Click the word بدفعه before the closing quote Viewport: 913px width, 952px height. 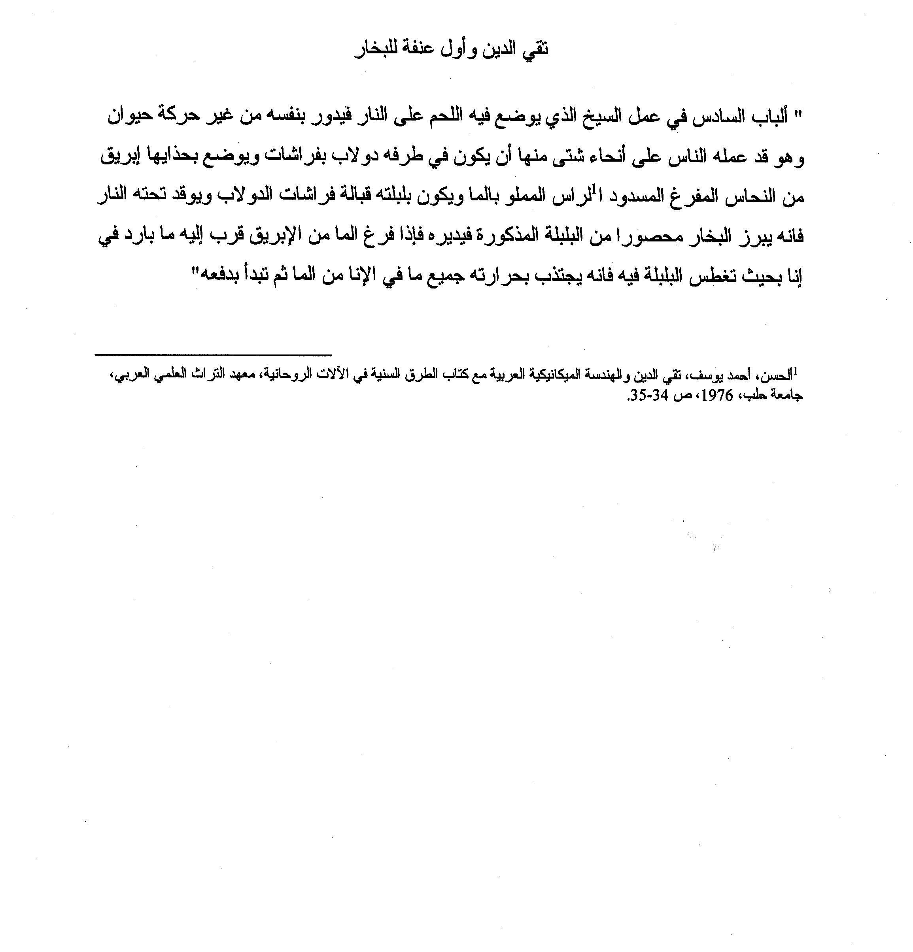click(x=223, y=277)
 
